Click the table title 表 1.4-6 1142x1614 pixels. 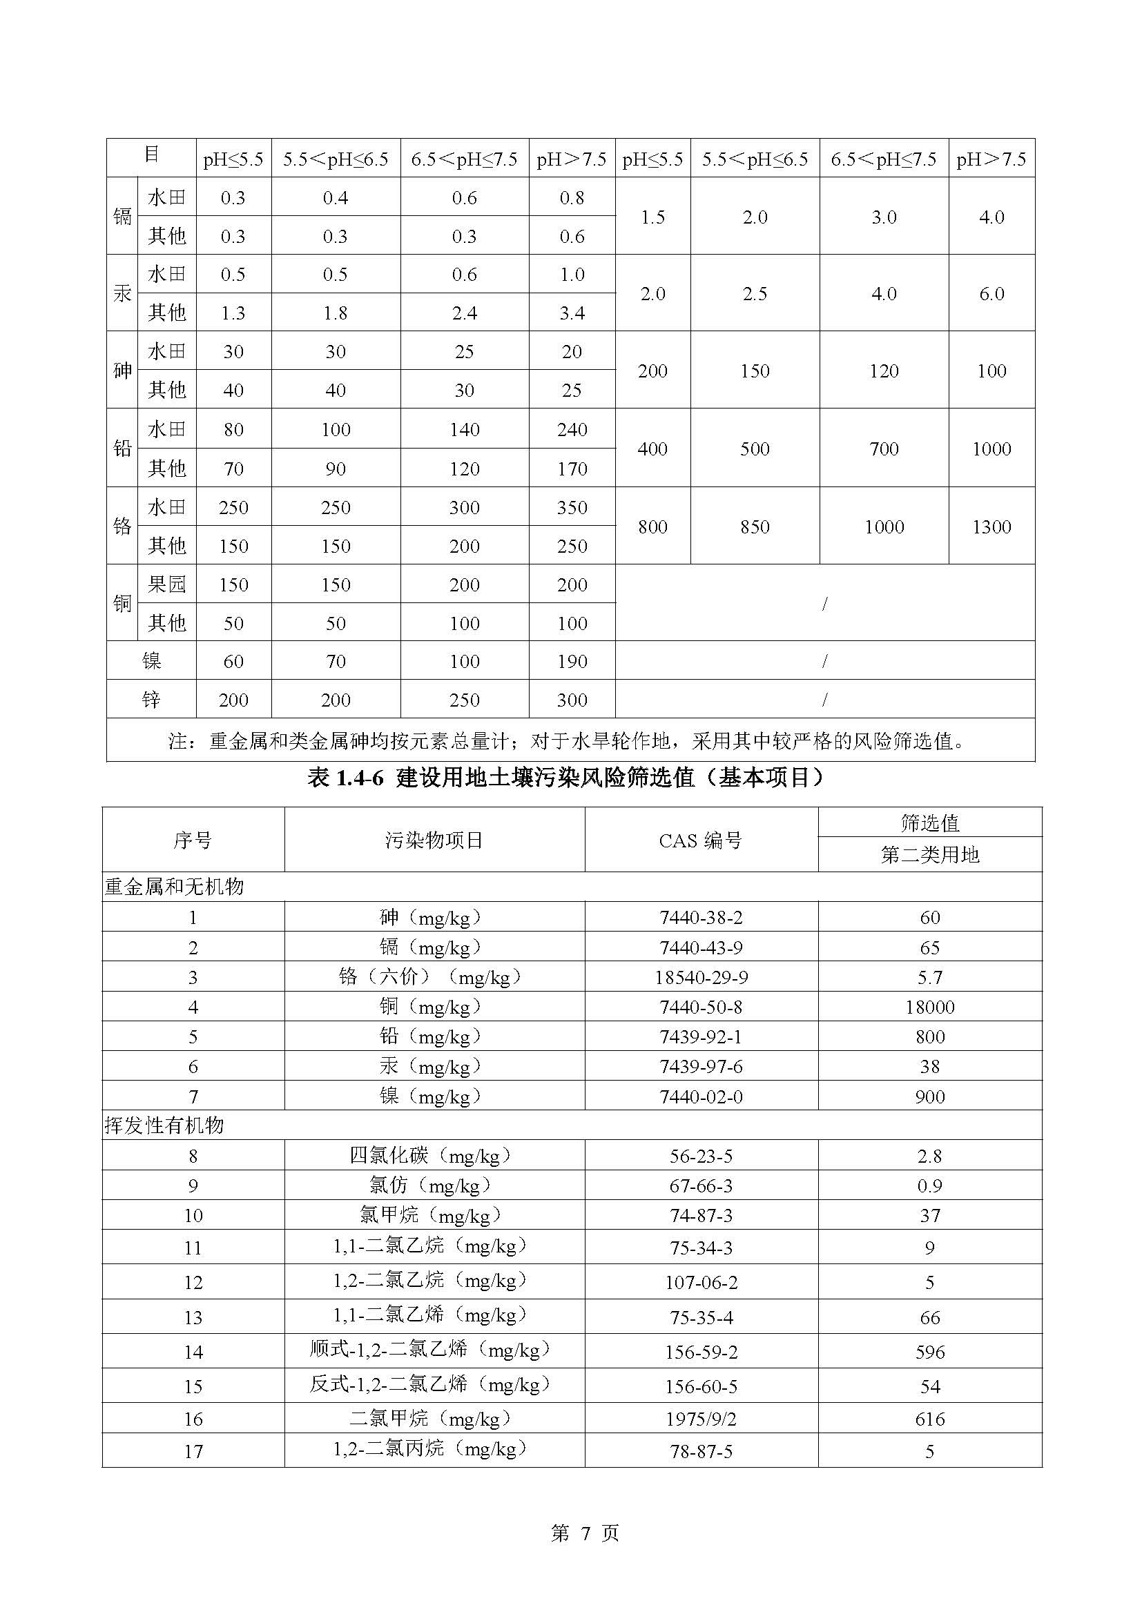click(x=566, y=778)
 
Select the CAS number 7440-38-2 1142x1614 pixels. click(x=700, y=917)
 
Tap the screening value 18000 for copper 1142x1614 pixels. click(x=929, y=1007)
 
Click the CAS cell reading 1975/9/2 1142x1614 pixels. click(x=700, y=1419)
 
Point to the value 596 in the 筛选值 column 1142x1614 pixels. click(x=929, y=1352)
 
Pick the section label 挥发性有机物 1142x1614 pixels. click(x=164, y=1125)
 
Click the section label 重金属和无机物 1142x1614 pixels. click(x=174, y=887)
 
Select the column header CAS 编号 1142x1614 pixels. click(x=700, y=840)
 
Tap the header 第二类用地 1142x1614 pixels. click(x=929, y=855)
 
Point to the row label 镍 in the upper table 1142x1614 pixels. click(x=151, y=661)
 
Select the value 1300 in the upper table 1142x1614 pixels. click(x=991, y=526)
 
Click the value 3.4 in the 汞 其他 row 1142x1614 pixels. click(x=572, y=313)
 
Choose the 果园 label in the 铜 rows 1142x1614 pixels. click(x=166, y=584)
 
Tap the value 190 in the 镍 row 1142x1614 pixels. click(x=572, y=661)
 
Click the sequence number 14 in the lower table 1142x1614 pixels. click(x=193, y=1352)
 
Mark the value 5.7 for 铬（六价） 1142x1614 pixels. click(x=929, y=977)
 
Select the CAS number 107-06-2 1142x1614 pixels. click(x=700, y=1283)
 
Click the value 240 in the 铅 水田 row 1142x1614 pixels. click(x=572, y=429)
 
